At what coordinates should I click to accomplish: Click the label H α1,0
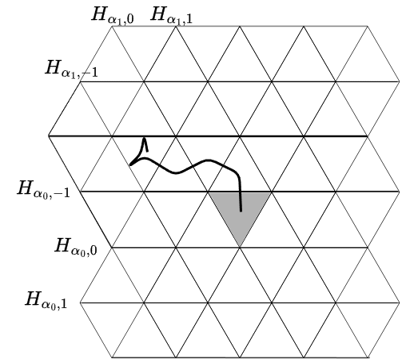pos(113,15)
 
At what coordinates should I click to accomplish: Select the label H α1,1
pos(172,15)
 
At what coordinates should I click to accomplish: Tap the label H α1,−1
pos(71,69)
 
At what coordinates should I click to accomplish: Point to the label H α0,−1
pos(43,189)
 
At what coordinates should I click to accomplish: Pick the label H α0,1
pos(46,300)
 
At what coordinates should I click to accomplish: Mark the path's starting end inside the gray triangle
pos(241,212)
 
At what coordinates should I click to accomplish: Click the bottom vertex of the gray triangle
pos(240,247)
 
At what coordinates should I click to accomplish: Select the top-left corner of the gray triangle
pos(209,192)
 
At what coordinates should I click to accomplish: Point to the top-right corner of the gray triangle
pos(271,192)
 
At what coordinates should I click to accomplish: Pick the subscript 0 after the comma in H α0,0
pos(94,250)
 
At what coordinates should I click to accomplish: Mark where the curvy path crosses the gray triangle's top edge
pos(241,192)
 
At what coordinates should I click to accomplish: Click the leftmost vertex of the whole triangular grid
pos(49,136)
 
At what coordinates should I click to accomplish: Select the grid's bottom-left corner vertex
pos(112,357)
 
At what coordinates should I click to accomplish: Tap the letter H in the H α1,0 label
pos(99,14)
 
